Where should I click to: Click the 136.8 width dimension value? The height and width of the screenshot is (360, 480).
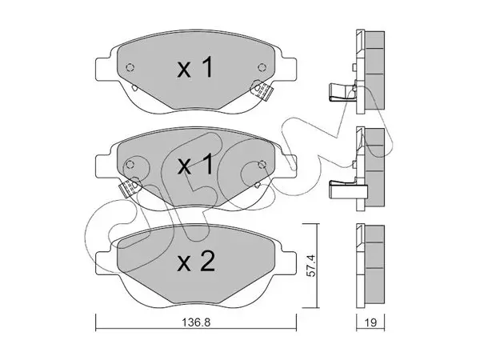click(196, 322)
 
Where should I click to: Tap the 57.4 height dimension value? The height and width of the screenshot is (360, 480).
click(311, 266)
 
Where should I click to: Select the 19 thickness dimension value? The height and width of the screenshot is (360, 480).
click(370, 322)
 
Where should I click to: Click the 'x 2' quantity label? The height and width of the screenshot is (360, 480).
click(196, 262)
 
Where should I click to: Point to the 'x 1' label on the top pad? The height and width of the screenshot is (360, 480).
click(195, 68)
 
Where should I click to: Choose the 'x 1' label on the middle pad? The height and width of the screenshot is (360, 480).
click(195, 164)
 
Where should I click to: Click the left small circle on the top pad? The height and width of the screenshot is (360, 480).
click(130, 67)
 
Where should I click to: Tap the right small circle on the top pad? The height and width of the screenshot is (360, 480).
click(261, 67)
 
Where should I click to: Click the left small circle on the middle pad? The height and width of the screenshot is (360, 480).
click(130, 164)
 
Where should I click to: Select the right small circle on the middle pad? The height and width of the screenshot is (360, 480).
click(261, 164)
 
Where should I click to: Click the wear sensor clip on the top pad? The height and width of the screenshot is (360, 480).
click(262, 90)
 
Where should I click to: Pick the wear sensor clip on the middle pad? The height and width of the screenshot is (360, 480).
click(130, 187)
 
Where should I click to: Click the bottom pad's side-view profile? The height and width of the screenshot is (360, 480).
click(370, 266)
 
